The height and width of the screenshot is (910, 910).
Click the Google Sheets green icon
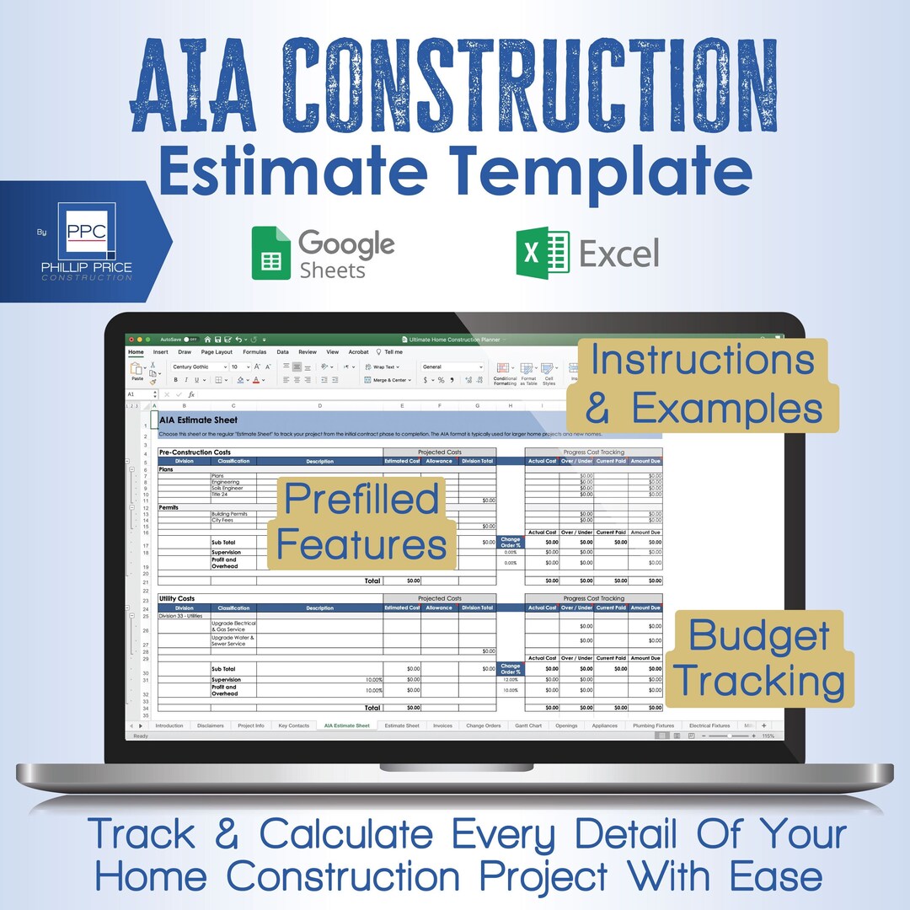pyautogui.click(x=271, y=253)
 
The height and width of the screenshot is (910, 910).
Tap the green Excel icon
pyautogui.click(x=543, y=252)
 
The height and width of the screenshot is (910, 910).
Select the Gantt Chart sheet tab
pyautogui.click(x=528, y=725)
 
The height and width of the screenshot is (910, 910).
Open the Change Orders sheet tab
pyautogui.click(x=484, y=725)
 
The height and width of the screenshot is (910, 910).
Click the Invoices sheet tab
pyautogui.click(x=442, y=725)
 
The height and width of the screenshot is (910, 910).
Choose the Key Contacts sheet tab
pyautogui.click(x=294, y=725)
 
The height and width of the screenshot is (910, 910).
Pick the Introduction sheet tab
pyautogui.click(x=169, y=725)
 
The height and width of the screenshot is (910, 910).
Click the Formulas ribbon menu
pyautogui.click(x=254, y=352)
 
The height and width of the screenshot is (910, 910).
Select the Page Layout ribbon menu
pyautogui.click(x=217, y=352)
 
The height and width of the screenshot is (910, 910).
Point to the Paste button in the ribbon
pyautogui.click(x=137, y=372)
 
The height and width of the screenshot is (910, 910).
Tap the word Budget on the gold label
pyautogui.click(x=758, y=636)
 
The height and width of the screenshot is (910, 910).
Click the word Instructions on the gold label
pyautogui.click(x=702, y=360)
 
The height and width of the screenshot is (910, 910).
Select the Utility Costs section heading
pyautogui.click(x=177, y=599)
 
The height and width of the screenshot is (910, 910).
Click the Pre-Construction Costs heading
pyautogui.click(x=195, y=452)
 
